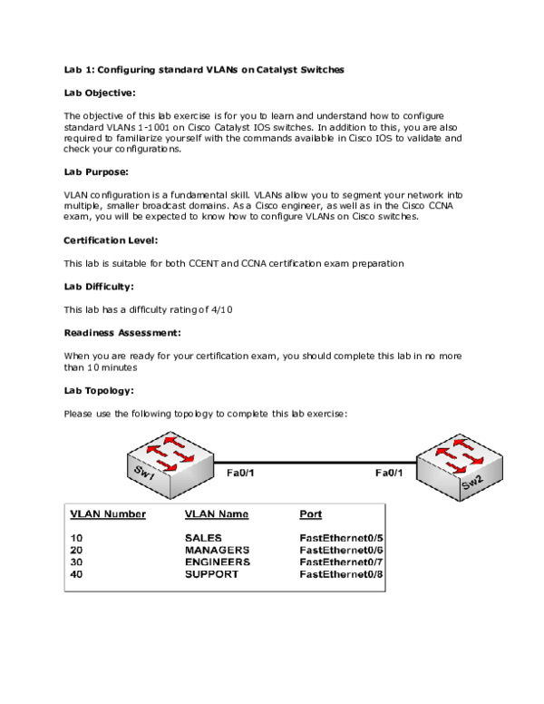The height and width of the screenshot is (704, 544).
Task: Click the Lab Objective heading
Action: [100, 93]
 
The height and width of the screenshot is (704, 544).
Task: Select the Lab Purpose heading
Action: [96, 171]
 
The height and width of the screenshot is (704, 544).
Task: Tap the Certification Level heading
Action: [111, 240]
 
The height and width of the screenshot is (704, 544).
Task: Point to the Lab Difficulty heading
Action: [99, 287]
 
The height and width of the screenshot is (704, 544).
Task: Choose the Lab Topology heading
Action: [99, 390]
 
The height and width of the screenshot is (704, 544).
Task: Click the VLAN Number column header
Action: [108, 514]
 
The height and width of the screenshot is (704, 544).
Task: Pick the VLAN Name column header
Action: [216, 514]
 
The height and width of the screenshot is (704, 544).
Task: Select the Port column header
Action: [310, 514]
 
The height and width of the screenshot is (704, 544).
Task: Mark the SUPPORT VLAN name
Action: [211, 573]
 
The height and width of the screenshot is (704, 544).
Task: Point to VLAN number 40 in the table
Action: [76, 573]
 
